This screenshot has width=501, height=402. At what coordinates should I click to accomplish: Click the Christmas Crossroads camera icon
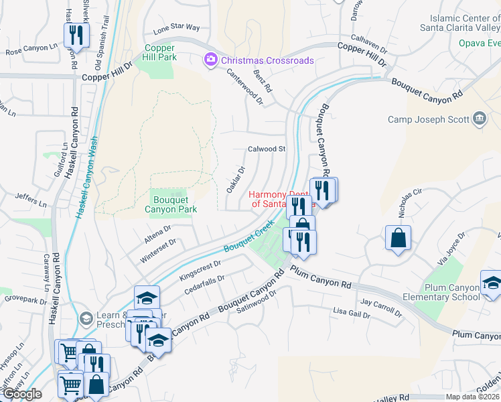click(211, 60)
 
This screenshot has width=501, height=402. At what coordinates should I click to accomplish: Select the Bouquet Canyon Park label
click(171, 204)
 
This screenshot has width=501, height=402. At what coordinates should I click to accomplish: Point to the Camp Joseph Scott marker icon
click(480, 120)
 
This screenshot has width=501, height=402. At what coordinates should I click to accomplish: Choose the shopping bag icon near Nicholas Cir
click(398, 239)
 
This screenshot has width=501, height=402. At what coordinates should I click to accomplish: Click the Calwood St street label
click(267, 149)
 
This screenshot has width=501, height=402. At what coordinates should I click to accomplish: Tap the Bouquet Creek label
click(249, 237)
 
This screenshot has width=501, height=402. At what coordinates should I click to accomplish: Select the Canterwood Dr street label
click(244, 88)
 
